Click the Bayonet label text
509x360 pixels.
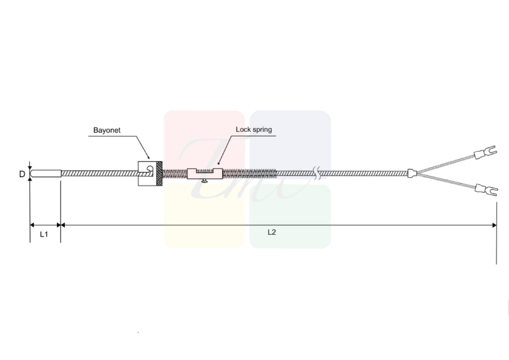[107, 130]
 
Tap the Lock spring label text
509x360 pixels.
[254, 129]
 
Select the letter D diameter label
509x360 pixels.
[22, 174]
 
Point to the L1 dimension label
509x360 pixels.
[44, 234]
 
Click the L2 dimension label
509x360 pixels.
[272, 232]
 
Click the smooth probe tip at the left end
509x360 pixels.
[46, 174]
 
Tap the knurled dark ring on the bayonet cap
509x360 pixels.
[159, 174]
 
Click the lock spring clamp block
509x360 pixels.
[205, 174]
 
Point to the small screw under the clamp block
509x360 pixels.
[205, 181]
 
